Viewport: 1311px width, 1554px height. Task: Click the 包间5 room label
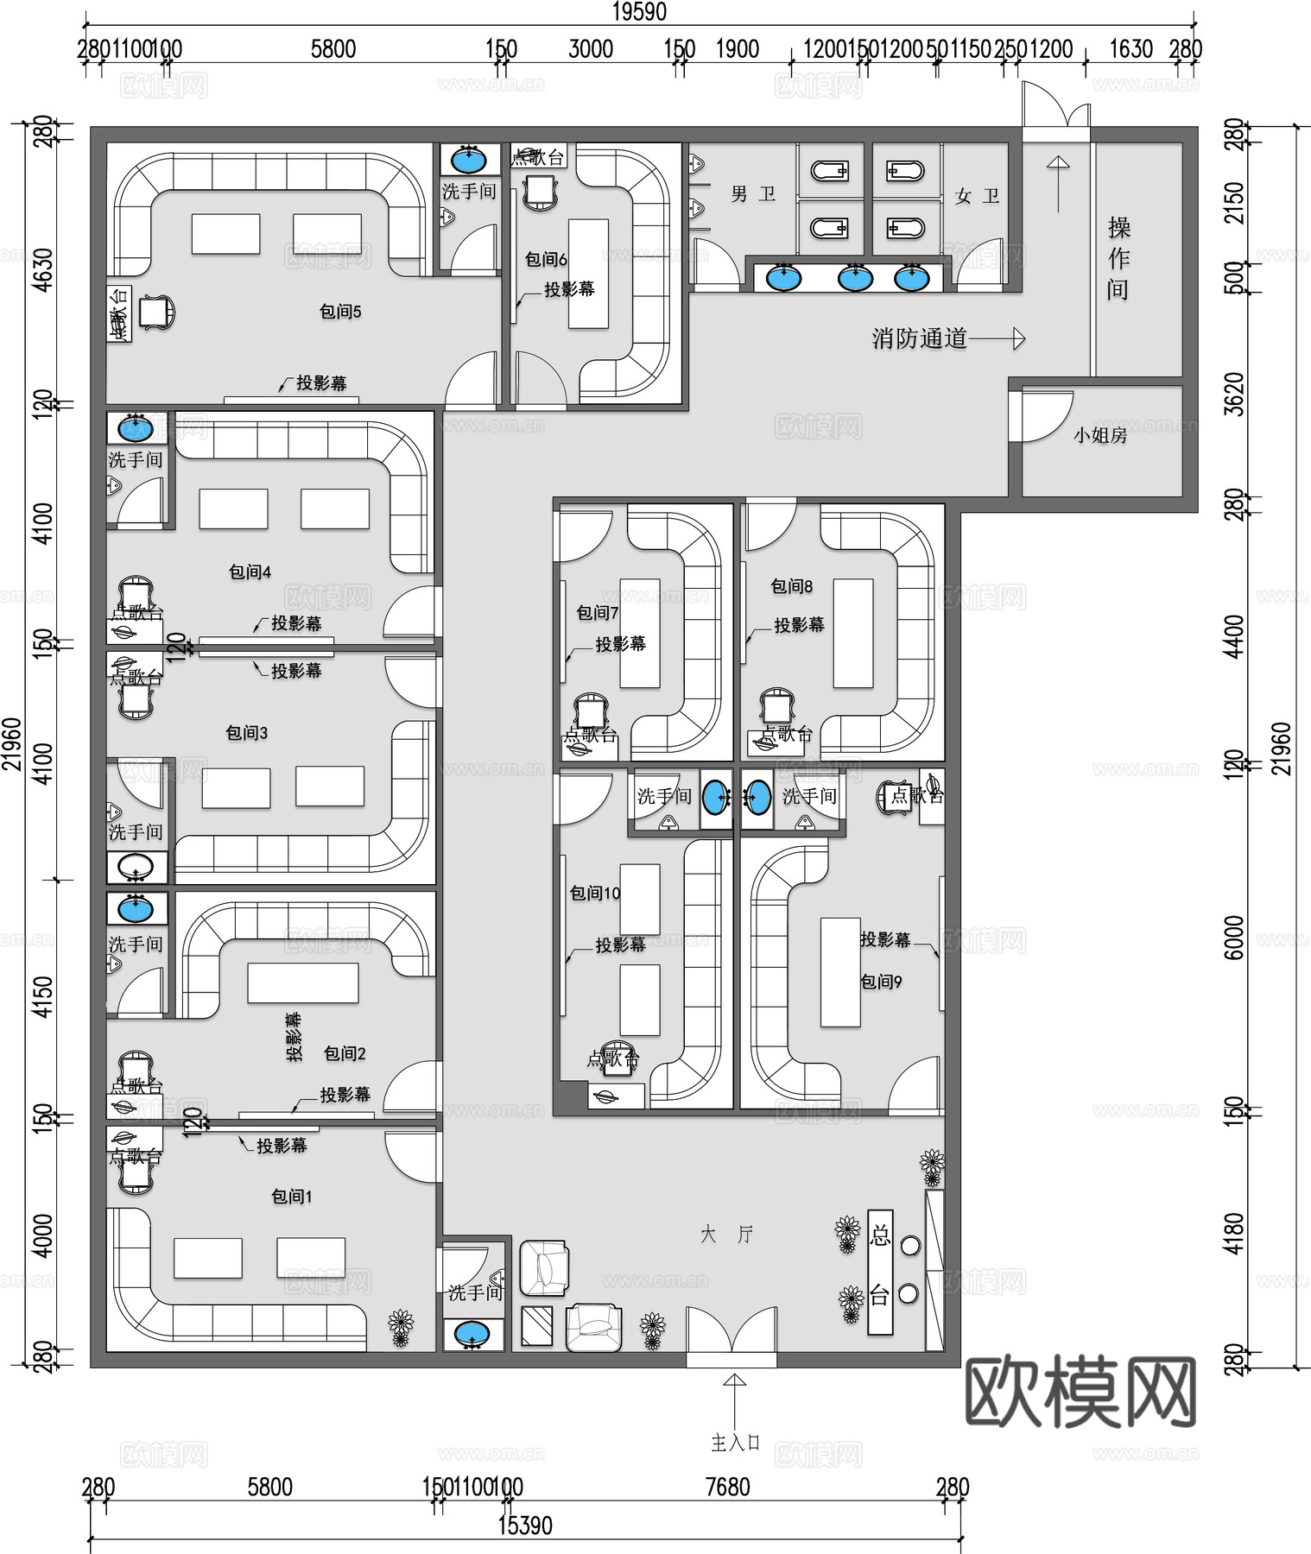[340, 312]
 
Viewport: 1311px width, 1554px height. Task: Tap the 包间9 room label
[881, 982]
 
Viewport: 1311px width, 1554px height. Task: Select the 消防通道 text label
[919, 338]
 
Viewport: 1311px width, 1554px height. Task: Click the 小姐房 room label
[1100, 436]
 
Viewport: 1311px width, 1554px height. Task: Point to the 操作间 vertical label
[1118, 258]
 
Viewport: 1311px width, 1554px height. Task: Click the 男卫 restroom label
[752, 195]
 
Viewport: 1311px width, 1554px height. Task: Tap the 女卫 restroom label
[977, 197]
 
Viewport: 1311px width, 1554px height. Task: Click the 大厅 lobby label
[726, 1235]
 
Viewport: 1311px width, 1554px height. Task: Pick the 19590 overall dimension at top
[639, 11]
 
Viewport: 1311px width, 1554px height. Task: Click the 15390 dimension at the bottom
[524, 1526]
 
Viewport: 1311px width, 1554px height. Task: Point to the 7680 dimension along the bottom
[727, 1487]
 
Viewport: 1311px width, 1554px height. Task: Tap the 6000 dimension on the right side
[1235, 938]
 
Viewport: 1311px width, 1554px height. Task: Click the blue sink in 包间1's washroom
[472, 1334]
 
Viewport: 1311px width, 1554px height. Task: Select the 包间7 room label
[598, 613]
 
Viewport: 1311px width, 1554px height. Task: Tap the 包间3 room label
[247, 733]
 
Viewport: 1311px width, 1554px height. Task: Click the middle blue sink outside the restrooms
[854, 278]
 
